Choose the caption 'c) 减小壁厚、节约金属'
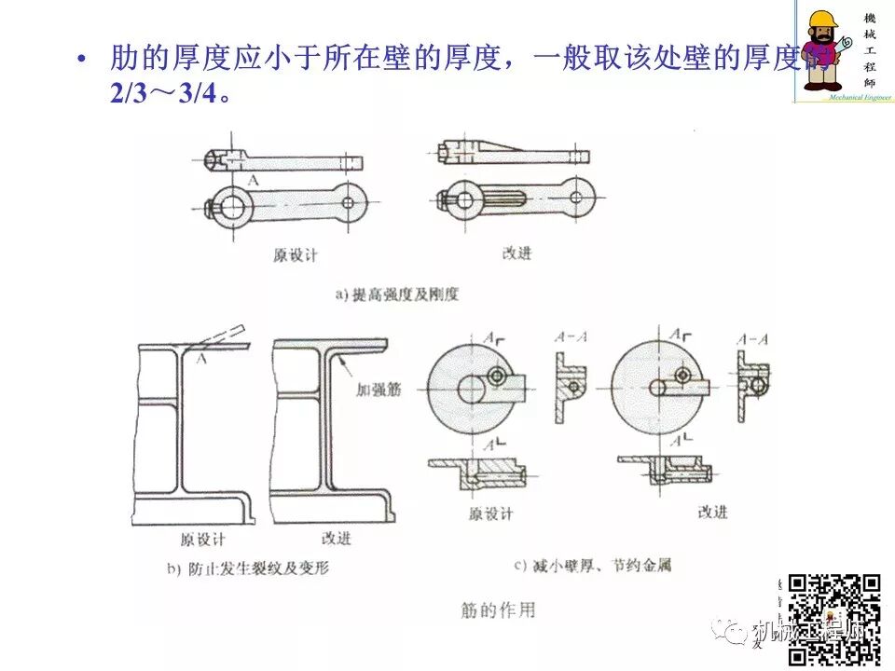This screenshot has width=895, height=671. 592,565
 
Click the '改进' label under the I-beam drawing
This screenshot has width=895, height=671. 336,539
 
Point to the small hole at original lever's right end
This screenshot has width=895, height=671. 349,201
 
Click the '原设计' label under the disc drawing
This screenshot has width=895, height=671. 489,514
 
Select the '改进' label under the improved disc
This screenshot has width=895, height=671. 712,512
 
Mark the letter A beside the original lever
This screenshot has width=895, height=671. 252,178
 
